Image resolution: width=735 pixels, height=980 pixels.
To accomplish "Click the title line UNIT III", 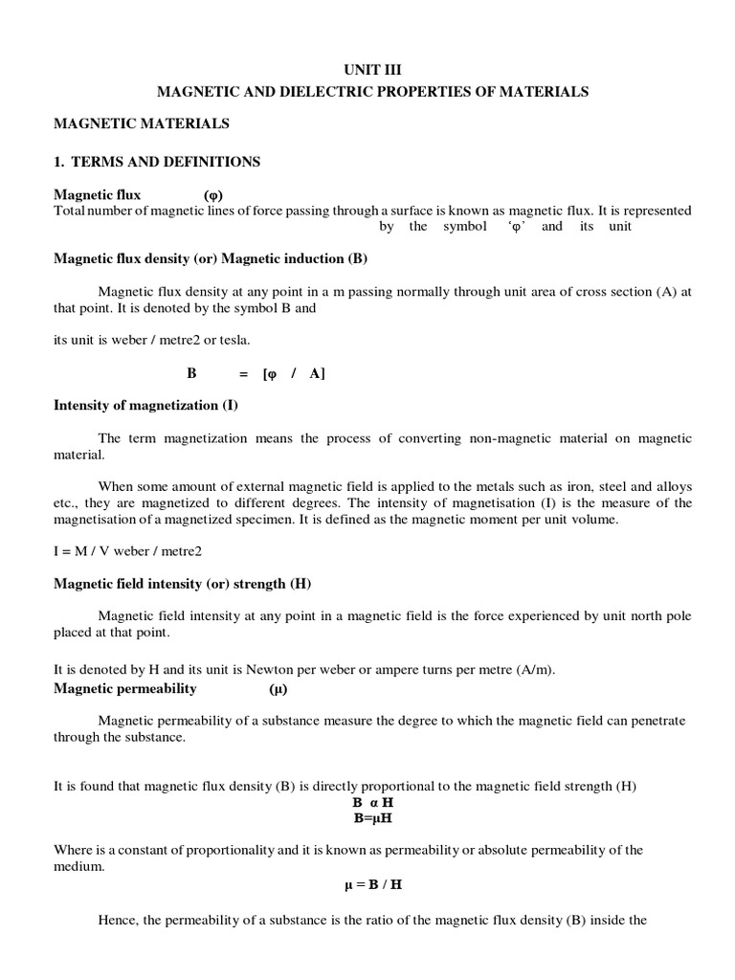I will [x=373, y=69].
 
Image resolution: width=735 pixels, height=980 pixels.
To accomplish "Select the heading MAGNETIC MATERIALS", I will [x=142, y=123].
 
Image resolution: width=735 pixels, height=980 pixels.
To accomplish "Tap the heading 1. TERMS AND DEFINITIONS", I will [x=157, y=162].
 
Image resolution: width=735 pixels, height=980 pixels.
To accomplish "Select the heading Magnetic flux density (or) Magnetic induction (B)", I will [x=211, y=258].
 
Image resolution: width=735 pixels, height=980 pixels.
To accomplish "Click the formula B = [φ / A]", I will [x=256, y=374].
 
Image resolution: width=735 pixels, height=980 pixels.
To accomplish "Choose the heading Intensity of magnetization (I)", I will [x=146, y=405].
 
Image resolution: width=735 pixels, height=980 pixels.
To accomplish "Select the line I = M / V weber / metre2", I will [x=128, y=551].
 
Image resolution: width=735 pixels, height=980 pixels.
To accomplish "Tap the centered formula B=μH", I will [x=373, y=819].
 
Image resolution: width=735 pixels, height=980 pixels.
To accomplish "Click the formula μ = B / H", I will [x=373, y=884].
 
